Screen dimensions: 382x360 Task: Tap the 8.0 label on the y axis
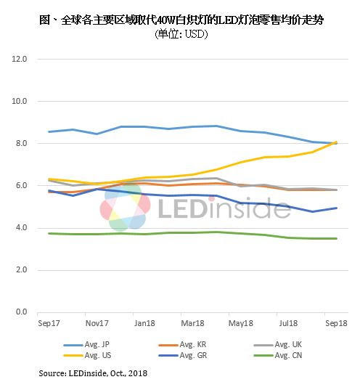(20, 143)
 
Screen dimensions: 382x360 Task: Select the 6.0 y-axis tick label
(20, 186)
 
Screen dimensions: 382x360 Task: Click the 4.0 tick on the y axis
(20, 228)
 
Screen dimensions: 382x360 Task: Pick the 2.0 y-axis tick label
(20, 270)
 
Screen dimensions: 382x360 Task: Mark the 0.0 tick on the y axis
(20, 312)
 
